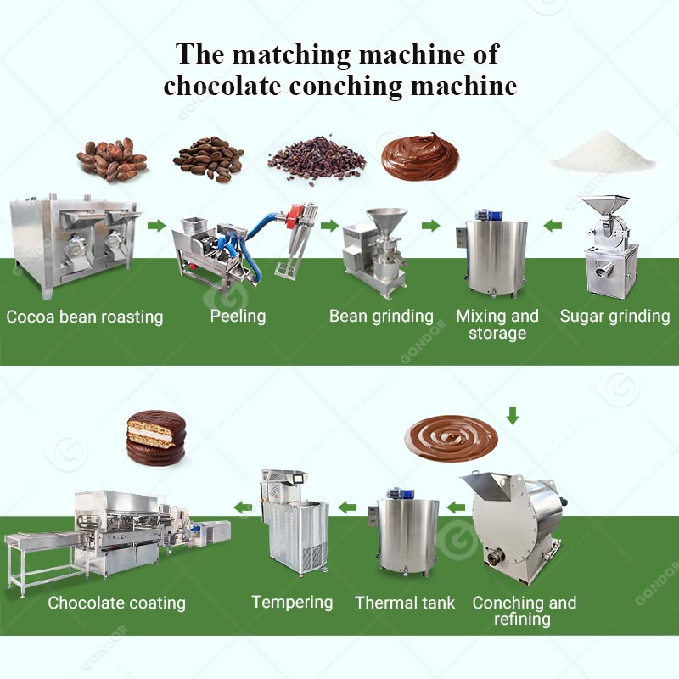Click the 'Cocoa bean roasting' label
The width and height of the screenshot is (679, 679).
[x=85, y=317]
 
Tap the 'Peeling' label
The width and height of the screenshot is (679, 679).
[x=238, y=317]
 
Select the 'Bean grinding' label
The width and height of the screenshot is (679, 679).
[x=381, y=317]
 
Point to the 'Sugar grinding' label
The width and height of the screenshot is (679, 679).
[x=614, y=317]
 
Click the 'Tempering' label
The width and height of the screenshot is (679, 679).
[x=292, y=603]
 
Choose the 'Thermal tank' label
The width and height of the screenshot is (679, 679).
[x=405, y=603]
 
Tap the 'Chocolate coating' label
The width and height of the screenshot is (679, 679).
[x=116, y=603]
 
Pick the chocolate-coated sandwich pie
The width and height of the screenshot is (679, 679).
[x=155, y=436]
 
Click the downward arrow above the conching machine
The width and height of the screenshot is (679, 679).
[x=512, y=415]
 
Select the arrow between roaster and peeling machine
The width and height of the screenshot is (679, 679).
[x=155, y=226]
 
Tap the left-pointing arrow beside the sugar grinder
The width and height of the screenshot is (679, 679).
[x=553, y=226]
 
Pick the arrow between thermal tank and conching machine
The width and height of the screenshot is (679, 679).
[x=457, y=508]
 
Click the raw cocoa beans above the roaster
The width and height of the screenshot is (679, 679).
[x=112, y=159]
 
